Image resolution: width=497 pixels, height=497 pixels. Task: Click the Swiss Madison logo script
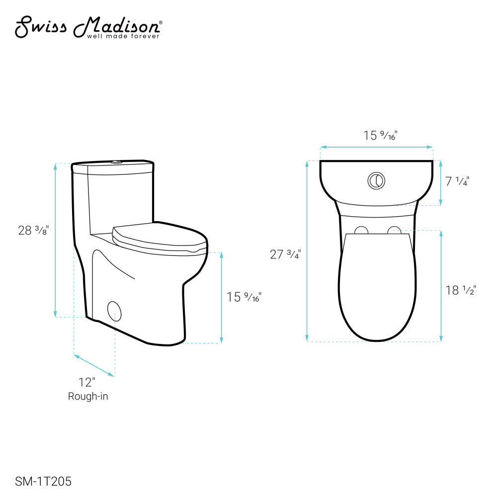pos(88,27)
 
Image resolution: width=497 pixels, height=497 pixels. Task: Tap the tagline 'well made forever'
pos(123,36)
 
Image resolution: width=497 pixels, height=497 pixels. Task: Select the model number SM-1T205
pos(43,482)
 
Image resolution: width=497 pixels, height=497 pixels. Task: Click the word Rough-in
pos(88,396)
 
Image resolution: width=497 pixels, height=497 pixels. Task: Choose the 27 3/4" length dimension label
pos(285,254)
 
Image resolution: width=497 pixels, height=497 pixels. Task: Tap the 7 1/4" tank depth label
pos(457,181)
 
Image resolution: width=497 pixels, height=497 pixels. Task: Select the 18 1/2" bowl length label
pos(461,290)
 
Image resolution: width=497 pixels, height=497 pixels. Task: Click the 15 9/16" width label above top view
pos(380,135)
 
